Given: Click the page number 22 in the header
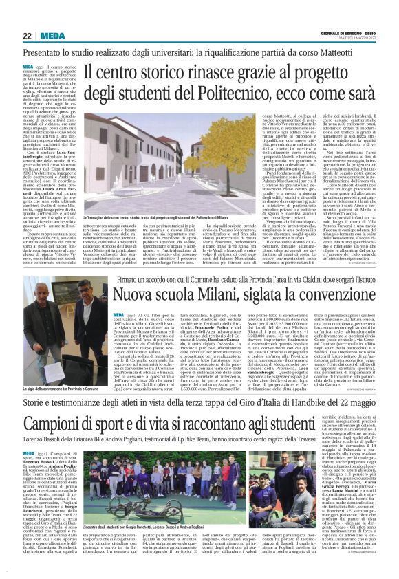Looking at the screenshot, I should pyautogui.click(x=27, y=36).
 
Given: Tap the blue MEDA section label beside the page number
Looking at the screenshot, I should pyautogui.click(x=52, y=36).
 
